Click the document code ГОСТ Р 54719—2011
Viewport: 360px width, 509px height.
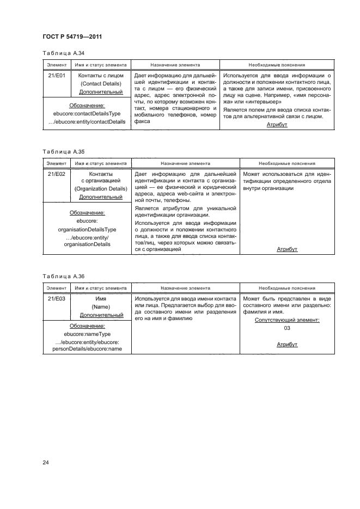tap(72, 38)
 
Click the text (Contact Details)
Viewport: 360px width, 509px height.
tap(101, 84)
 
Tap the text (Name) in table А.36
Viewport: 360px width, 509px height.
tap(101, 307)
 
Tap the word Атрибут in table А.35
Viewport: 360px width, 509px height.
tap(287, 249)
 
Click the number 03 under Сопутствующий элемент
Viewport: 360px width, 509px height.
tap(287, 328)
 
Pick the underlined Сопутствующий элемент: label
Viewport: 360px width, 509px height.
tap(287, 320)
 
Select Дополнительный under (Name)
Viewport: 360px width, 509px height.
tap(101, 315)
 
